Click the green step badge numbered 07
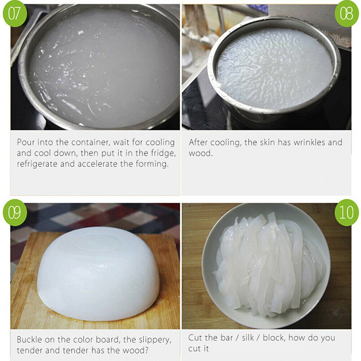pos(15,14)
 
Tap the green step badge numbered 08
pos(346,14)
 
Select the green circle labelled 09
pos(15,212)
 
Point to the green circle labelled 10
pos(346,212)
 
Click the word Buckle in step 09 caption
pos(29,340)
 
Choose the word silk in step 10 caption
pos(248,338)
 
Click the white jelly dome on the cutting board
pos(98,273)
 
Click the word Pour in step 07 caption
pos(26,142)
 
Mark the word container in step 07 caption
pos(91,143)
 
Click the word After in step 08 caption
pos(198,142)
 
